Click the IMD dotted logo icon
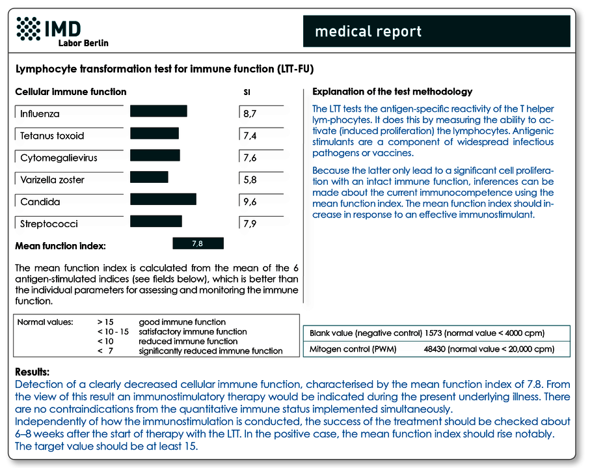click(x=29, y=29)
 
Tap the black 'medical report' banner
click(x=437, y=31)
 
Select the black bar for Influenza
click(x=159, y=111)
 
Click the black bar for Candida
click(x=163, y=199)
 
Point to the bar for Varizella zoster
click(x=149, y=177)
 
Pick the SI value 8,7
click(x=250, y=113)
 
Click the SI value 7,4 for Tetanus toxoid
click(x=250, y=135)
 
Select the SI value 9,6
click(x=250, y=202)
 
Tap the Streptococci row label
click(x=49, y=223)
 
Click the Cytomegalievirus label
click(x=59, y=158)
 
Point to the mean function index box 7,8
click(x=198, y=243)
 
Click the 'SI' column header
click(x=247, y=92)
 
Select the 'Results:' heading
click(x=33, y=372)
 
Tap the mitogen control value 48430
click(x=435, y=349)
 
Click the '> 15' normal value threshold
click(x=105, y=322)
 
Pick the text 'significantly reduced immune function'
click(x=211, y=351)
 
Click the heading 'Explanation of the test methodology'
click(x=392, y=92)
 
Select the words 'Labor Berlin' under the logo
click(x=83, y=43)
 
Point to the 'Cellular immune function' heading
click(x=71, y=92)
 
